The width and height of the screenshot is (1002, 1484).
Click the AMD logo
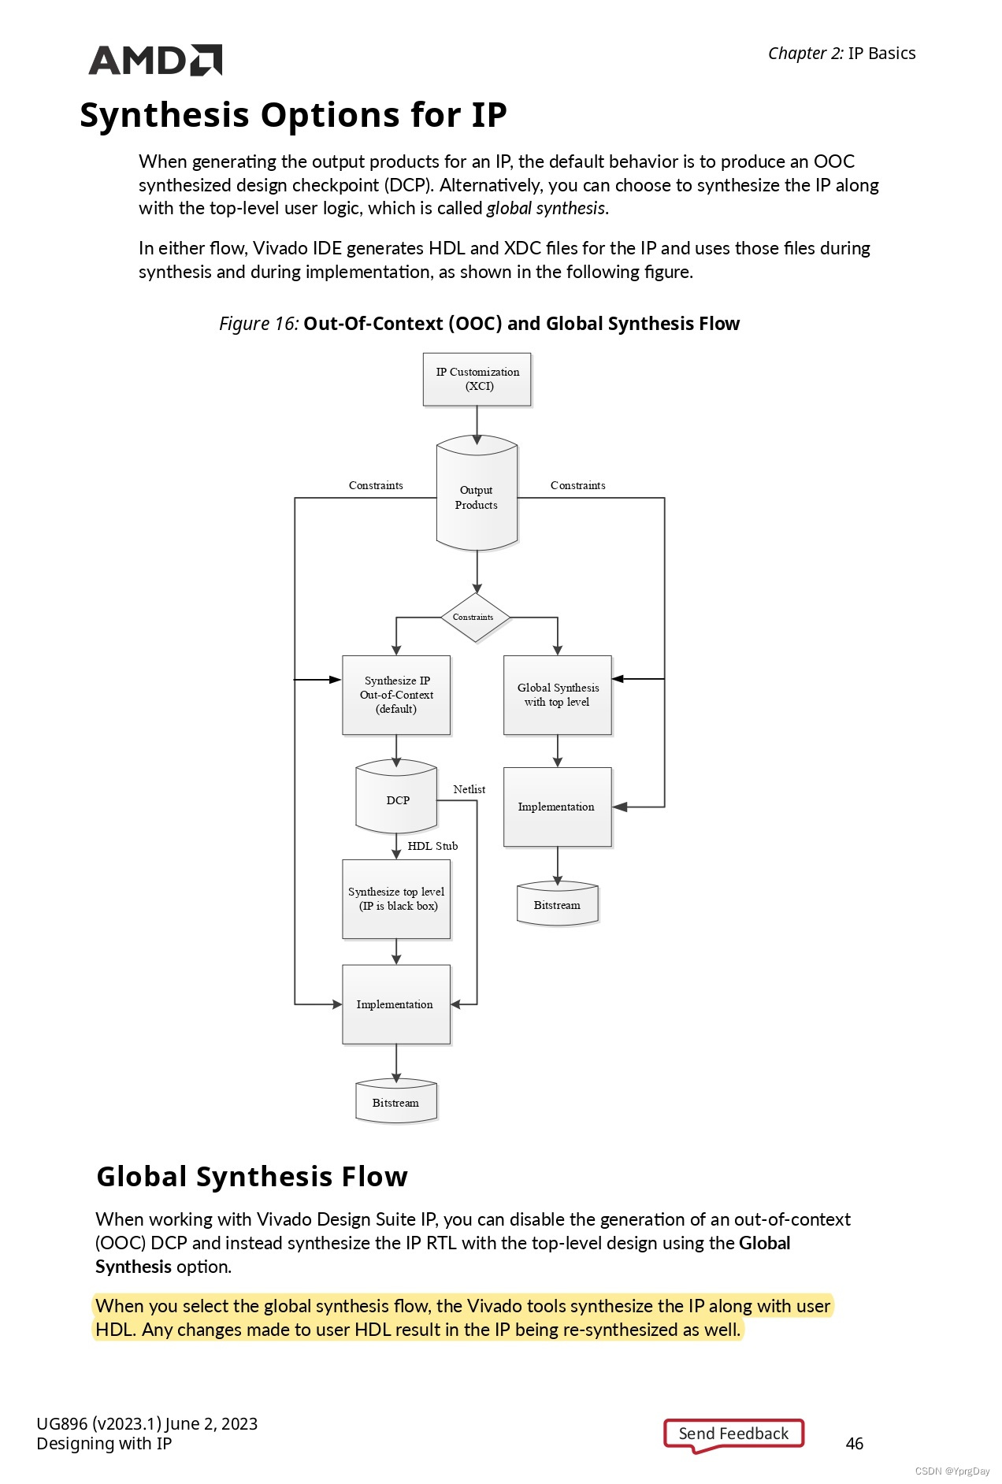click(155, 60)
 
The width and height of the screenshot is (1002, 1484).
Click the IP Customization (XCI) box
click(477, 379)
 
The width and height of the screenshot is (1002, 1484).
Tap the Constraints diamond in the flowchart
click(474, 618)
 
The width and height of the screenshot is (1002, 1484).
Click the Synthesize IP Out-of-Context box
click(396, 695)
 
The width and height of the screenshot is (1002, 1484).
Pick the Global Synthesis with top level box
click(557, 695)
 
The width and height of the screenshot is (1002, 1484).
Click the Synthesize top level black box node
click(396, 899)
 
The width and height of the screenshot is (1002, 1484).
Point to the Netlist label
click(469, 789)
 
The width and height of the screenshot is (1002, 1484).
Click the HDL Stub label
click(432, 846)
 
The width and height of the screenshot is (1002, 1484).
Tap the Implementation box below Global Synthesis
click(557, 807)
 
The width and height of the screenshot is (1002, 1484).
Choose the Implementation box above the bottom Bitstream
click(396, 1004)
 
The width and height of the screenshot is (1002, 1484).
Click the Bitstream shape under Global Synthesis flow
click(557, 905)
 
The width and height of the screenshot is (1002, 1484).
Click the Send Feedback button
click(733, 1434)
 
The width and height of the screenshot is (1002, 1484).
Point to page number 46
click(854, 1443)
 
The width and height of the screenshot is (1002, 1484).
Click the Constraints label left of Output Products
click(376, 485)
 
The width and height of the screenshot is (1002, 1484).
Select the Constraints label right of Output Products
click(577, 485)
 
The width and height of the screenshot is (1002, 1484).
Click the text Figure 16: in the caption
click(258, 324)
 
